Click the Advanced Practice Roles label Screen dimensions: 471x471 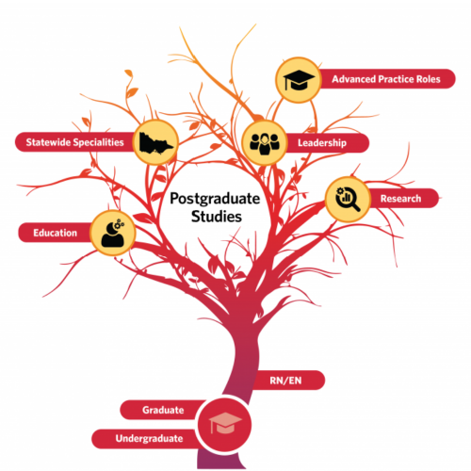pos(386,79)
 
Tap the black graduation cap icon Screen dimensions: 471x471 pos(299,80)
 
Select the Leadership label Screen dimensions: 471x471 pos(322,143)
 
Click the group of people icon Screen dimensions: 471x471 pos(265,144)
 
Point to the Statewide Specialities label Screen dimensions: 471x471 pos(74,142)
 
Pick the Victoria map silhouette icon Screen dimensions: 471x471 pos(155,143)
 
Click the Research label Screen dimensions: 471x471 pos(400,199)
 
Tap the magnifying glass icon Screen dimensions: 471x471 pos(348,199)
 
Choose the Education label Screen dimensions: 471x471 pos(55,233)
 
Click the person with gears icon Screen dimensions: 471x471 pos(112,233)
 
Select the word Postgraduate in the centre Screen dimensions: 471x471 pos(215,200)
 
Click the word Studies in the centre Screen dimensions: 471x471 pos(217,217)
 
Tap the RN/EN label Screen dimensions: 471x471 pos(285,381)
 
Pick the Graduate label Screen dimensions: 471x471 pos(163,410)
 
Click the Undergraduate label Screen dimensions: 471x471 pos(149,438)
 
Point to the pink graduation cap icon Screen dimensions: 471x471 pos(225,423)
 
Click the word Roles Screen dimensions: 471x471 pos(429,79)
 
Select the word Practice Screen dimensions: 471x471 pos(396,79)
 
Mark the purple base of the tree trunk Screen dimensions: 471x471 pos(219,460)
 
